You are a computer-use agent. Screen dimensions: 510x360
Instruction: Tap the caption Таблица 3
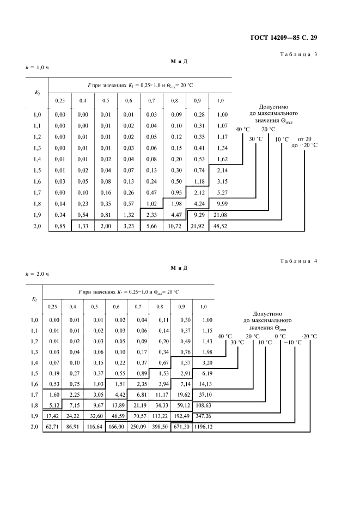coord(298,55)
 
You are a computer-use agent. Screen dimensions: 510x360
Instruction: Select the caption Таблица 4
coord(298,261)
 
